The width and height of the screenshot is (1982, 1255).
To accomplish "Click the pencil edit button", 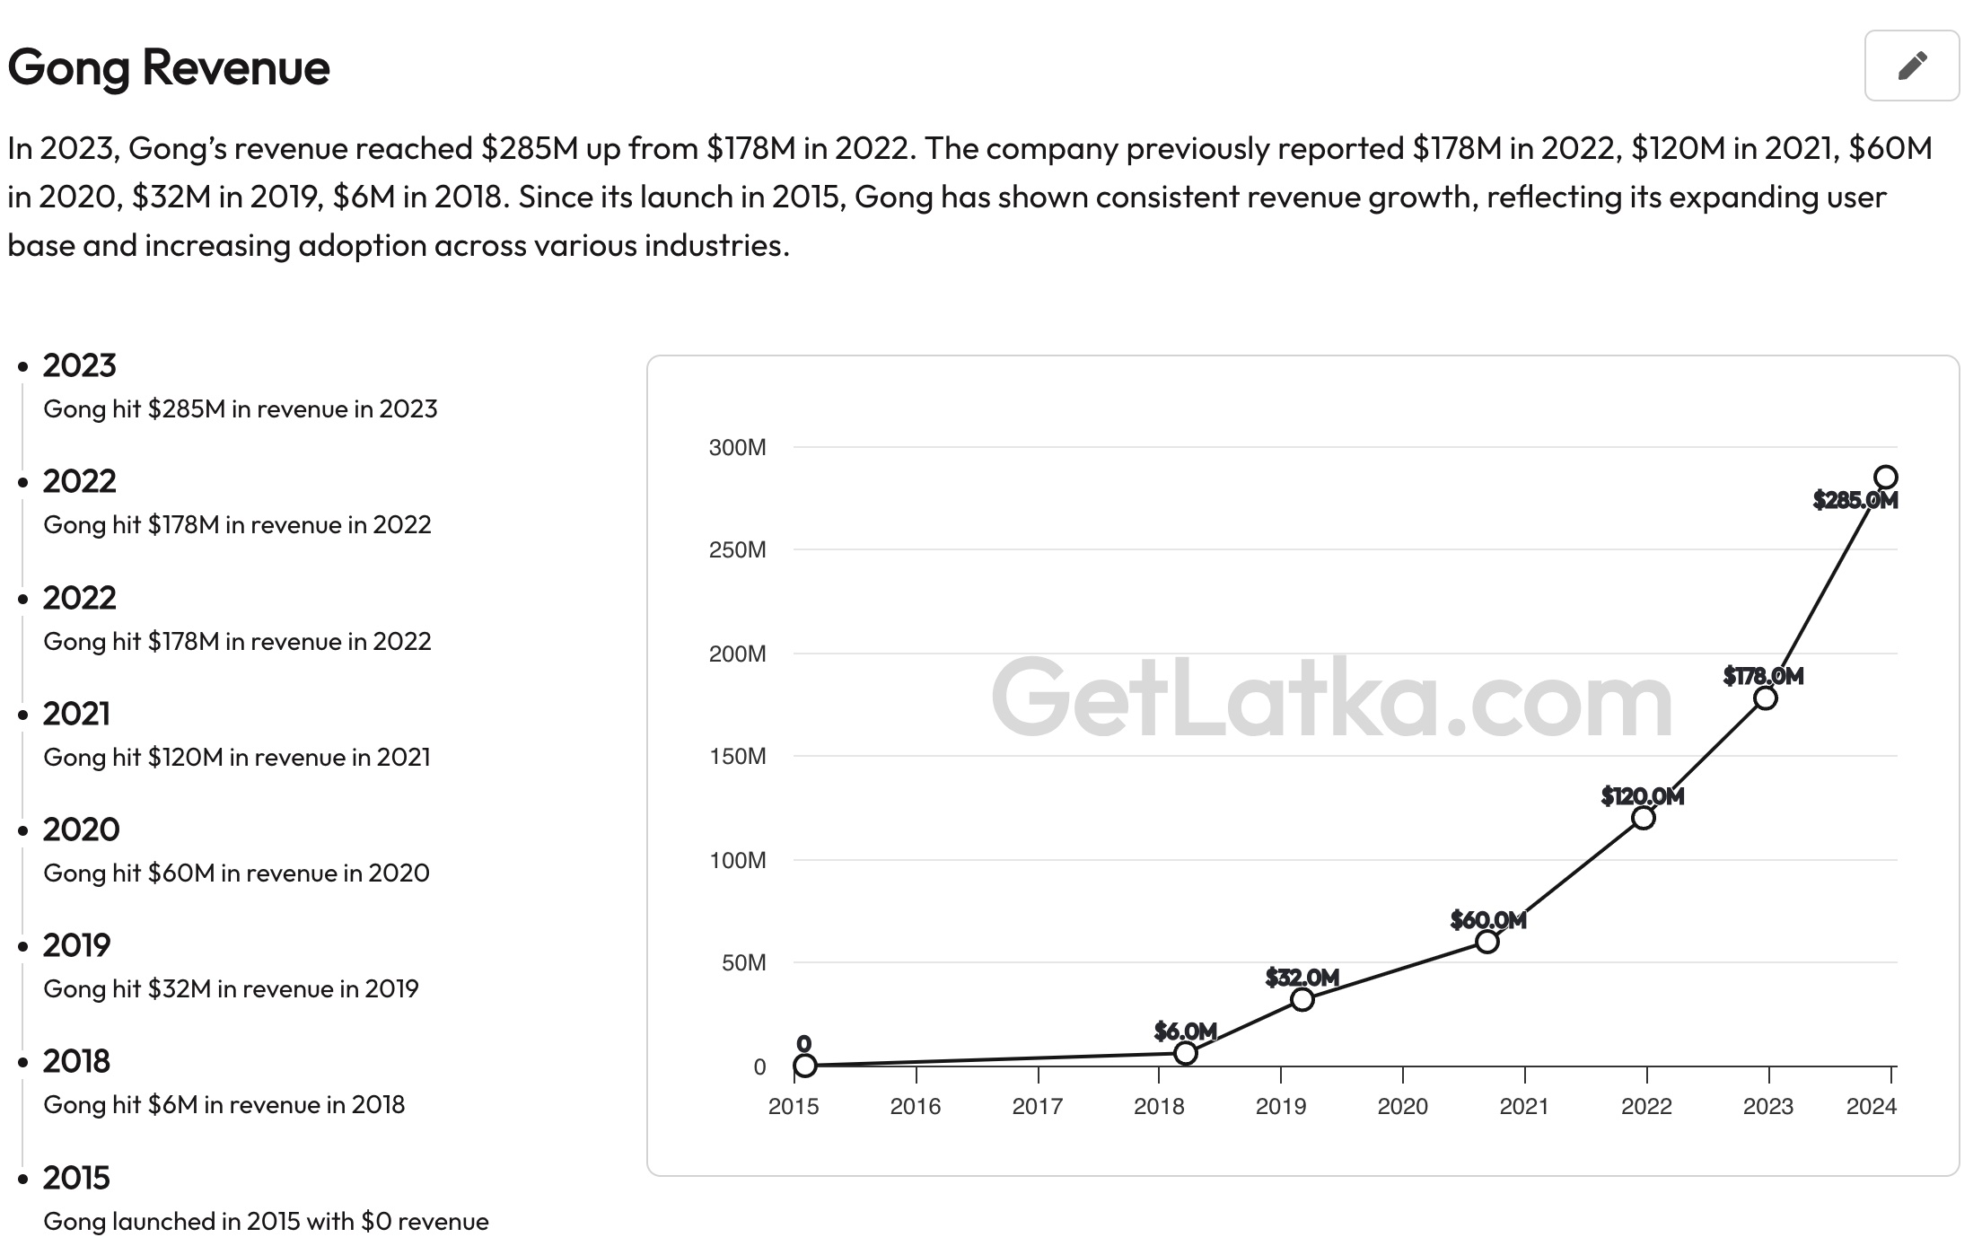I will click(x=1911, y=66).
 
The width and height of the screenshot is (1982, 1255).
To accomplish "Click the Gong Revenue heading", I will click(x=169, y=67).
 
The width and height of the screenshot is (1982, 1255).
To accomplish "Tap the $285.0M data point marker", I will click(x=1885, y=478).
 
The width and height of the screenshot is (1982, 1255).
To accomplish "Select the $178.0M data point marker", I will click(x=1765, y=698).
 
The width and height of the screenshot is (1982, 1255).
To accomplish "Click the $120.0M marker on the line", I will click(x=1643, y=818).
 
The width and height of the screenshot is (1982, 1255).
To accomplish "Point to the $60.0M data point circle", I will click(x=1486, y=942).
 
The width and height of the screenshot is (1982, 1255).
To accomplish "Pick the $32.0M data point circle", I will click(x=1302, y=999).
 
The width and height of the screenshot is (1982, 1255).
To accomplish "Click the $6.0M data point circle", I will click(x=1185, y=1053).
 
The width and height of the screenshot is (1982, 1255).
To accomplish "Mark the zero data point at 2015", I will click(x=805, y=1066).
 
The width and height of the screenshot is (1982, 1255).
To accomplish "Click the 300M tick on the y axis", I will click(x=737, y=447).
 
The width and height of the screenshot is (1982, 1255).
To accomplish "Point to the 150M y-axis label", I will click(x=737, y=757).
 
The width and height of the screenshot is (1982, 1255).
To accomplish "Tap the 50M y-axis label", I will click(x=743, y=963).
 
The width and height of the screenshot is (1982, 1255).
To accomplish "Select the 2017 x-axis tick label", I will click(x=1037, y=1106).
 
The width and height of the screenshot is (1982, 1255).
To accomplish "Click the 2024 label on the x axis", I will click(x=1871, y=1106).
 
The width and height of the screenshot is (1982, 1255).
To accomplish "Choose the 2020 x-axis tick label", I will click(x=1402, y=1106).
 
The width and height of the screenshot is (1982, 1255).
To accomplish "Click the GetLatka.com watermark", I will click(x=1332, y=698).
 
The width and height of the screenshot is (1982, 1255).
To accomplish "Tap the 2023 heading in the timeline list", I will click(x=80, y=365).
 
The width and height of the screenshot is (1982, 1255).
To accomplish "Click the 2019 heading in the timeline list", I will click(x=76, y=945).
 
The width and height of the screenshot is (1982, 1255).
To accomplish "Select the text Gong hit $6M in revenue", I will click(x=224, y=1104).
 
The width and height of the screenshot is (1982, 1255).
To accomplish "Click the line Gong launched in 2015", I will click(x=266, y=1221).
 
